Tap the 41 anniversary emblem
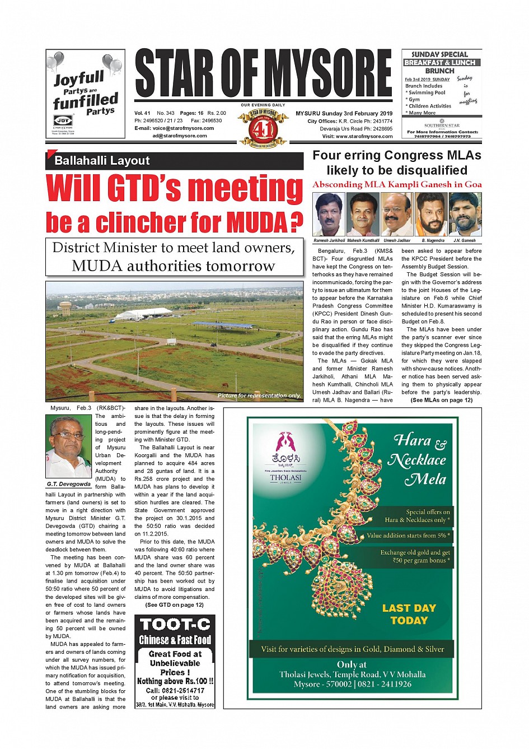tap(263, 128)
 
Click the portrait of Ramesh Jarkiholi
tap(329, 215)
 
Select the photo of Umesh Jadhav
tap(397, 215)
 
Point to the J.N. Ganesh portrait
tap(465, 215)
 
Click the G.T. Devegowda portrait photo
tap(68, 446)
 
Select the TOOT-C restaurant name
tap(175, 624)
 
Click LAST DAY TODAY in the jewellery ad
tap(409, 615)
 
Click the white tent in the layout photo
tap(143, 313)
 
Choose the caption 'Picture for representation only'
tap(259, 396)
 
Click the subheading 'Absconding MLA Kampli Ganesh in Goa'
tap(397, 184)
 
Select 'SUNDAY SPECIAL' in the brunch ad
tap(439, 54)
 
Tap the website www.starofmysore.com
tap(364, 136)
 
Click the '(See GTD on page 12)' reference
tap(174, 605)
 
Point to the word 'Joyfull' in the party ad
tap(79, 78)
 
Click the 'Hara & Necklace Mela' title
tap(419, 459)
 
